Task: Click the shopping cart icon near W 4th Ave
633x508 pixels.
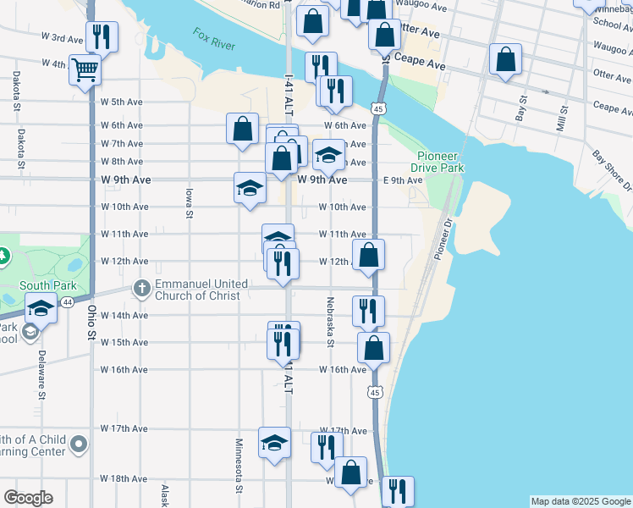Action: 85,68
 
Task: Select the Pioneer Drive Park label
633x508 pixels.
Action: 440,163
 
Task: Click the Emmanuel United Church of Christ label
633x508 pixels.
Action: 201,290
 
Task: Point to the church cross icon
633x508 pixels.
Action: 141,290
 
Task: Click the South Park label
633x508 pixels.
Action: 37,286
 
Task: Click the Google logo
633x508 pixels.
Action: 28,498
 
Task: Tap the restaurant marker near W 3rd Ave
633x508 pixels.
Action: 102,36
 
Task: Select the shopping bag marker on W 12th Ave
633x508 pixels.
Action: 369,254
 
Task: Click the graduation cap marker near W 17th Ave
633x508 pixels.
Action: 273,441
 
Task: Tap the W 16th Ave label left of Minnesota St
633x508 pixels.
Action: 124,370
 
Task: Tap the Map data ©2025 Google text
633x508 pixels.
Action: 580,501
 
